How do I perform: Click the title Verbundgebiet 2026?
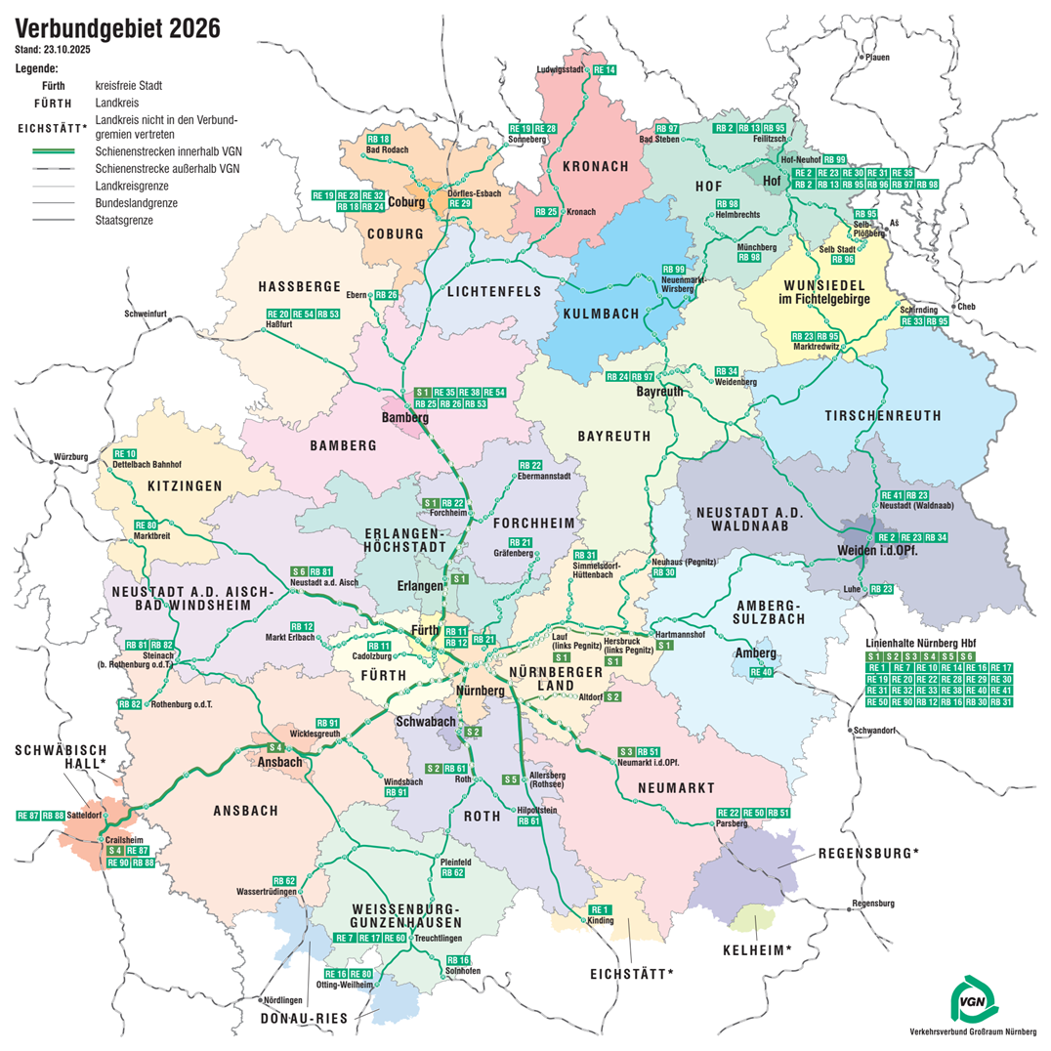pyautogui.click(x=118, y=29)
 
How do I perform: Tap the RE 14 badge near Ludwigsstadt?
pyautogui.click(x=606, y=70)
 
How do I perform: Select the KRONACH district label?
pyautogui.click(x=595, y=166)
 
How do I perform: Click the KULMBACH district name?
pyautogui.click(x=601, y=314)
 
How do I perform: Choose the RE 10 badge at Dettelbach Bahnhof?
pyautogui.click(x=125, y=453)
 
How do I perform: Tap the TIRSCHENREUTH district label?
pyautogui.click(x=883, y=415)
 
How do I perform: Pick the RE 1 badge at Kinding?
pyautogui.click(x=600, y=910)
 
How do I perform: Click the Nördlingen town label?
pyautogui.click(x=283, y=1000)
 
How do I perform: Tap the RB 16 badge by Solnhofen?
pyautogui.click(x=458, y=960)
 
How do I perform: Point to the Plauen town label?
pyautogui.click(x=877, y=58)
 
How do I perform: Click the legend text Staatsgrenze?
pyautogui.click(x=125, y=221)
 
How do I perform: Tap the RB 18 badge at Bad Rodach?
pyautogui.click(x=377, y=140)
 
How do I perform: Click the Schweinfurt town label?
pyautogui.click(x=147, y=315)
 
